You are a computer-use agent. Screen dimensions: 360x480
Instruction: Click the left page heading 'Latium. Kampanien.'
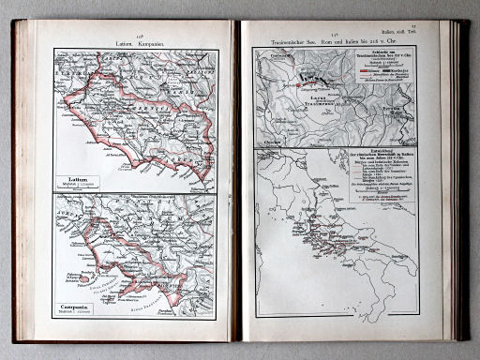[137, 42]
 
